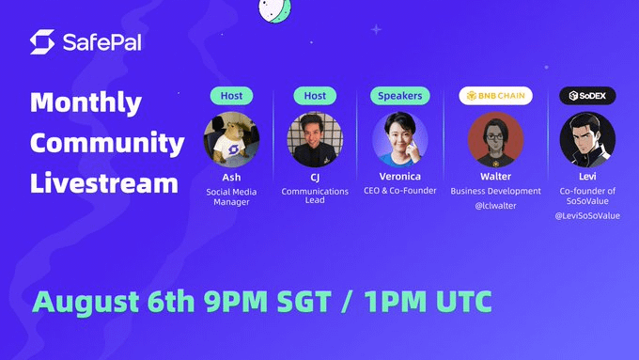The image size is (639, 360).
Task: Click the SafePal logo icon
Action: click(x=42, y=41)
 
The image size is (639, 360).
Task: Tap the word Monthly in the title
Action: click(x=86, y=102)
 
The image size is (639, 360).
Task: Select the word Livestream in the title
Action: click(x=104, y=182)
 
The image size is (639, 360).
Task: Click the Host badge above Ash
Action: click(x=231, y=96)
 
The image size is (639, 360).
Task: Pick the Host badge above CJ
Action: click(x=315, y=96)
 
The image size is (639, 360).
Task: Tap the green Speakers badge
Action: click(x=399, y=96)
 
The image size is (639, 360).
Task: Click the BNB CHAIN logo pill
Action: click(x=495, y=96)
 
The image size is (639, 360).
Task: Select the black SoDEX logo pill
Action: click(x=587, y=96)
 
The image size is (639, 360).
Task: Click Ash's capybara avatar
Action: click(x=231, y=139)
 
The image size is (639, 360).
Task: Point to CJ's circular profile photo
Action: click(x=315, y=139)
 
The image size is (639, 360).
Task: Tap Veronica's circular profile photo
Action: click(x=399, y=139)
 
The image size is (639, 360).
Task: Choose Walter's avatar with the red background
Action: click(x=495, y=139)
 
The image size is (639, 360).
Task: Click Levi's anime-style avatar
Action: click(x=587, y=139)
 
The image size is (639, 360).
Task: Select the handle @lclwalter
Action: click(x=495, y=206)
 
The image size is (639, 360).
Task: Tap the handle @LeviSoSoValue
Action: click(x=587, y=215)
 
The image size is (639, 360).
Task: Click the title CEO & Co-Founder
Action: click(x=399, y=191)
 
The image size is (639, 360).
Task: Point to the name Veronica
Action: click(x=399, y=176)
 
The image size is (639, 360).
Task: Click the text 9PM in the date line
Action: click(x=236, y=302)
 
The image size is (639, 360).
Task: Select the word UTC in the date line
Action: click(x=464, y=302)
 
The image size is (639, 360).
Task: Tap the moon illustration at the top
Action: click(x=275, y=9)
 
